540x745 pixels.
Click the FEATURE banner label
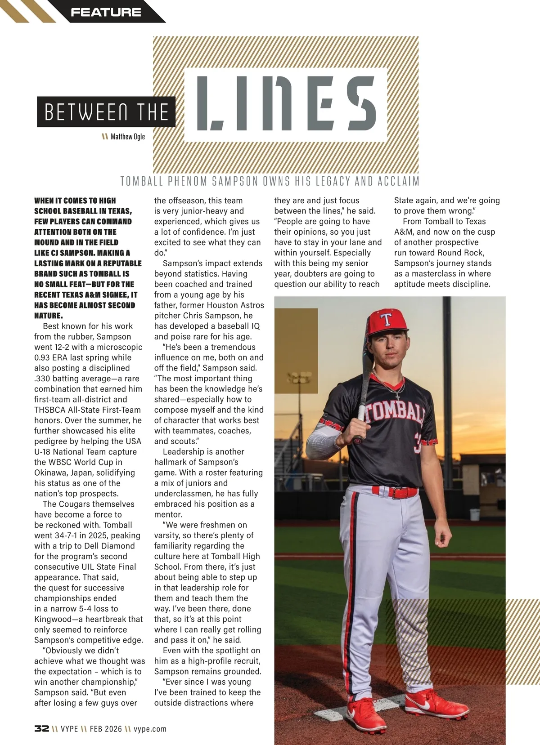tap(106, 12)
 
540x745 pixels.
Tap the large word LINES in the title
tap(286, 103)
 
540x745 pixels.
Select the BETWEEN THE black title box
tap(106, 112)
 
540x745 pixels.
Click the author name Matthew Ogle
tap(128, 137)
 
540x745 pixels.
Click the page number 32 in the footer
tap(41, 729)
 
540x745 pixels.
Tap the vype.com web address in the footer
tap(150, 729)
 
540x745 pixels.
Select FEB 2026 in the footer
tap(106, 729)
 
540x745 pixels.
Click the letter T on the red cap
tap(386, 320)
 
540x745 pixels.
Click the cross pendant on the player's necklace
tap(397, 396)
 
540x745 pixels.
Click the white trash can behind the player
tap(474, 514)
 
